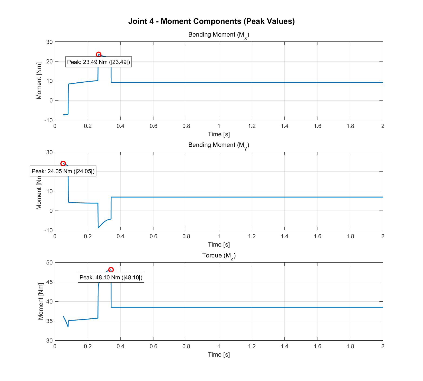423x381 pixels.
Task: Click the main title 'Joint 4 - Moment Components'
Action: pos(211,21)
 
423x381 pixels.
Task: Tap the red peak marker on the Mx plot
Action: pos(99,54)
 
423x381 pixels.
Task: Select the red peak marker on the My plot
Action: pos(63,164)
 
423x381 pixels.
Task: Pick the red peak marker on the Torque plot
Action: pos(111,270)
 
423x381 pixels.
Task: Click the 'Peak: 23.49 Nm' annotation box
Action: pos(99,62)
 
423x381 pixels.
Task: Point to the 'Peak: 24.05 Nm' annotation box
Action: pos(63,171)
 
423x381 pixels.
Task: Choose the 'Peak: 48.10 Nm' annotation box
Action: pos(111,277)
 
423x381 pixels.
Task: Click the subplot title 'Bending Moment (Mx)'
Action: pos(218,35)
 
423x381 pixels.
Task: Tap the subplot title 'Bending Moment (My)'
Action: pos(218,145)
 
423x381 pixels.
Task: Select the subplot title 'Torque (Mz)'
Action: pos(219,256)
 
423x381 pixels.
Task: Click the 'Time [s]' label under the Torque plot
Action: pos(219,354)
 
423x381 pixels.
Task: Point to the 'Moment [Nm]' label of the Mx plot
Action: pos(39,81)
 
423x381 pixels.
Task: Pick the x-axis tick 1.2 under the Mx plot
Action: pos(252,126)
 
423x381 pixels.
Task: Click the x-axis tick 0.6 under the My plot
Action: pos(153,236)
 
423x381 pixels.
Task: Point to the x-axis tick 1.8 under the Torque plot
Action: pos(350,347)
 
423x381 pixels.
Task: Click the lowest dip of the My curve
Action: pos(98,227)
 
